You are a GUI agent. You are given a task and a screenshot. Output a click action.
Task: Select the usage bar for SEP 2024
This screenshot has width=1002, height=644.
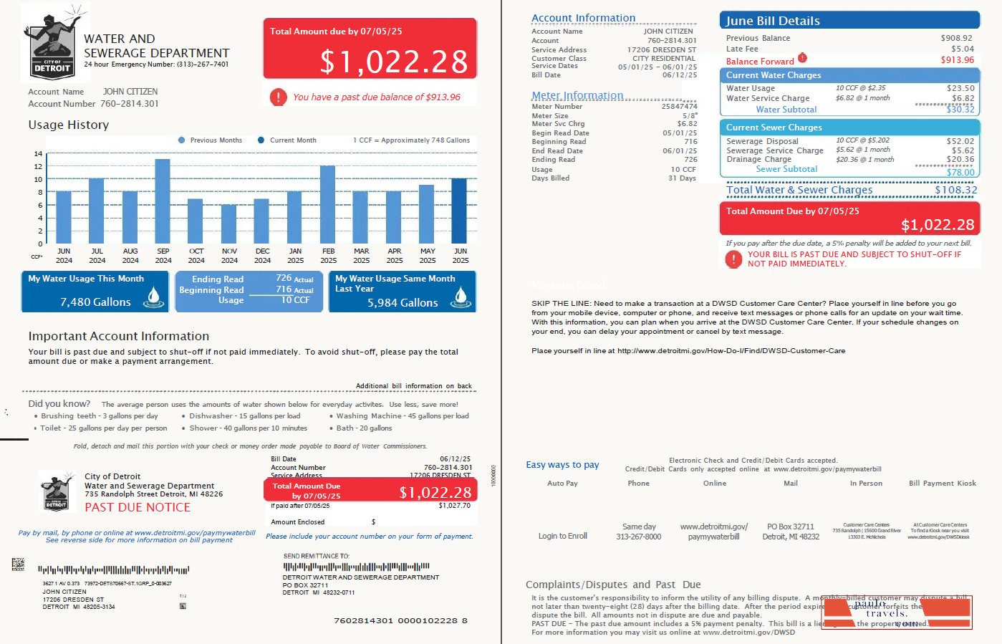click(163, 201)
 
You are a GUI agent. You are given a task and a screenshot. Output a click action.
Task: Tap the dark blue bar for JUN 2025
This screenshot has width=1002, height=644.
click(459, 211)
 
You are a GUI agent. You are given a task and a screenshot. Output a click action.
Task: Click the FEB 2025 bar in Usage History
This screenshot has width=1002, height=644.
click(328, 205)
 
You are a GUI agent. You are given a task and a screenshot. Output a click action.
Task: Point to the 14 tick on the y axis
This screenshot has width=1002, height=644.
click(38, 154)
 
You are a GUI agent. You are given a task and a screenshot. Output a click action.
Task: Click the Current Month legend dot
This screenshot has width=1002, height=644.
click(261, 140)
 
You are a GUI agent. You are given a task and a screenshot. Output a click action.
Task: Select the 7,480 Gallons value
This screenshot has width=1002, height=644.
click(95, 302)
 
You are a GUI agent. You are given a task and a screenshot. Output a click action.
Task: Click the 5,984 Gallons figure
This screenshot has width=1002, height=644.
click(403, 303)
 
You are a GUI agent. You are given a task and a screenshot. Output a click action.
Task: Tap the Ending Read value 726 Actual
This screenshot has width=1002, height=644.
click(294, 279)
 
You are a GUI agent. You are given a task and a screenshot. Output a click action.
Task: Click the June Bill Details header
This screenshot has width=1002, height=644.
click(849, 21)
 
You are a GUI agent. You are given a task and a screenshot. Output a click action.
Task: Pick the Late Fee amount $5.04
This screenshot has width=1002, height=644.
click(962, 49)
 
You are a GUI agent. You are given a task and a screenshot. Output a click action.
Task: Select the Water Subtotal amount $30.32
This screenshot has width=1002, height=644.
click(960, 110)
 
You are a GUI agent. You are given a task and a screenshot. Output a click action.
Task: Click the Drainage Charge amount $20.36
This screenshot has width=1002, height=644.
click(960, 160)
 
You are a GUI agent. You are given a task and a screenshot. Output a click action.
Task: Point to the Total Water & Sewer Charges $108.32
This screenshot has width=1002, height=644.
click(955, 190)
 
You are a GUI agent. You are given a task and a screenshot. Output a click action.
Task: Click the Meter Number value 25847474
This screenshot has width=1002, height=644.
click(679, 106)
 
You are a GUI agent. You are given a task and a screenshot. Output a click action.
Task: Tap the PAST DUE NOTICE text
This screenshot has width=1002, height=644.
click(138, 507)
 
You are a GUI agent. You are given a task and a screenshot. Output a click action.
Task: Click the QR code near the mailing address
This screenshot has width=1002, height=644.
click(18, 564)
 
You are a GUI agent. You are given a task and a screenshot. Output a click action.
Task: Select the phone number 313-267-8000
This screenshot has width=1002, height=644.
click(638, 537)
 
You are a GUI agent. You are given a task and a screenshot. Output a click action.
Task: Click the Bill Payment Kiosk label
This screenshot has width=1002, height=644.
click(942, 484)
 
